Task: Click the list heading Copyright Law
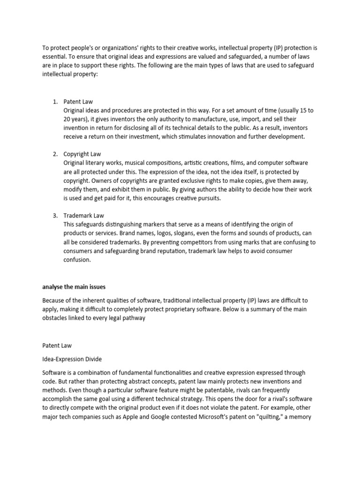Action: point(82,154)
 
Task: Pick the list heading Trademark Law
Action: point(84,216)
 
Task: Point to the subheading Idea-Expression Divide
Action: point(72,359)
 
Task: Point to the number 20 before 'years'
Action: point(68,119)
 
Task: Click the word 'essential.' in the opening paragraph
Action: point(55,56)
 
